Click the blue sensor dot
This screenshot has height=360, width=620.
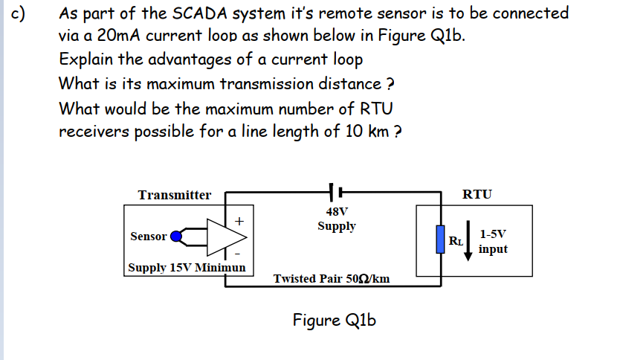coord(177,237)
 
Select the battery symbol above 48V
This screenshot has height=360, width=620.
coord(337,192)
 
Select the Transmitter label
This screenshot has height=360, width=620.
coord(175,195)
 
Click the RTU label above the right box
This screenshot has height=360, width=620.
coord(477,195)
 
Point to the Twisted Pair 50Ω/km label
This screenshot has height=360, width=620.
coord(332,279)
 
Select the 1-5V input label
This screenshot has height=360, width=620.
coord(494,241)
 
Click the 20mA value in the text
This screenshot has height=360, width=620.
coord(112,36)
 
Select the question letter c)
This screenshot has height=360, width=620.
coord(21,14)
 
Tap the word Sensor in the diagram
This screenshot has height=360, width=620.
coord(149,237)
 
